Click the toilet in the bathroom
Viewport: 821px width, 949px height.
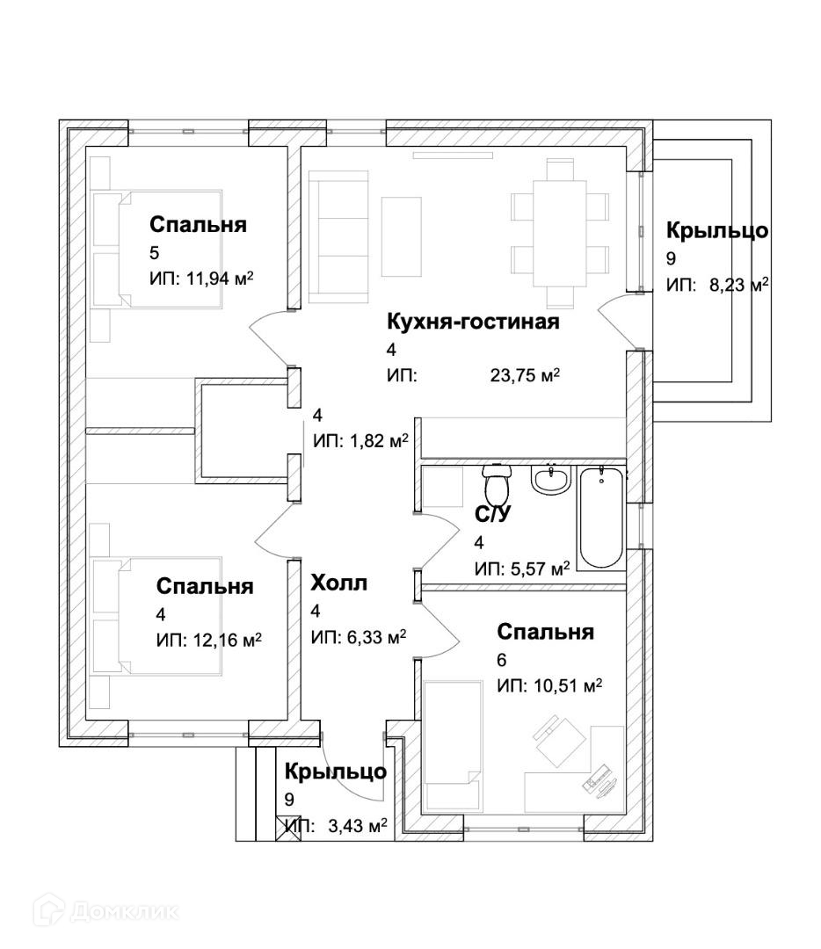[x=498, y=485]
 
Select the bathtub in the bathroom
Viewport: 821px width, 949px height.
[x=601, y=518]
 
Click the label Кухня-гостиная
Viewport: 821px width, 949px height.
[x=473, y=322]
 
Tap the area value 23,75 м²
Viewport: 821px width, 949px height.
[x=525, y=376]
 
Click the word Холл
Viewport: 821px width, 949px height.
[x=338, y=583]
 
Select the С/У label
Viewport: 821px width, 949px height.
[x=493, y=515]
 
